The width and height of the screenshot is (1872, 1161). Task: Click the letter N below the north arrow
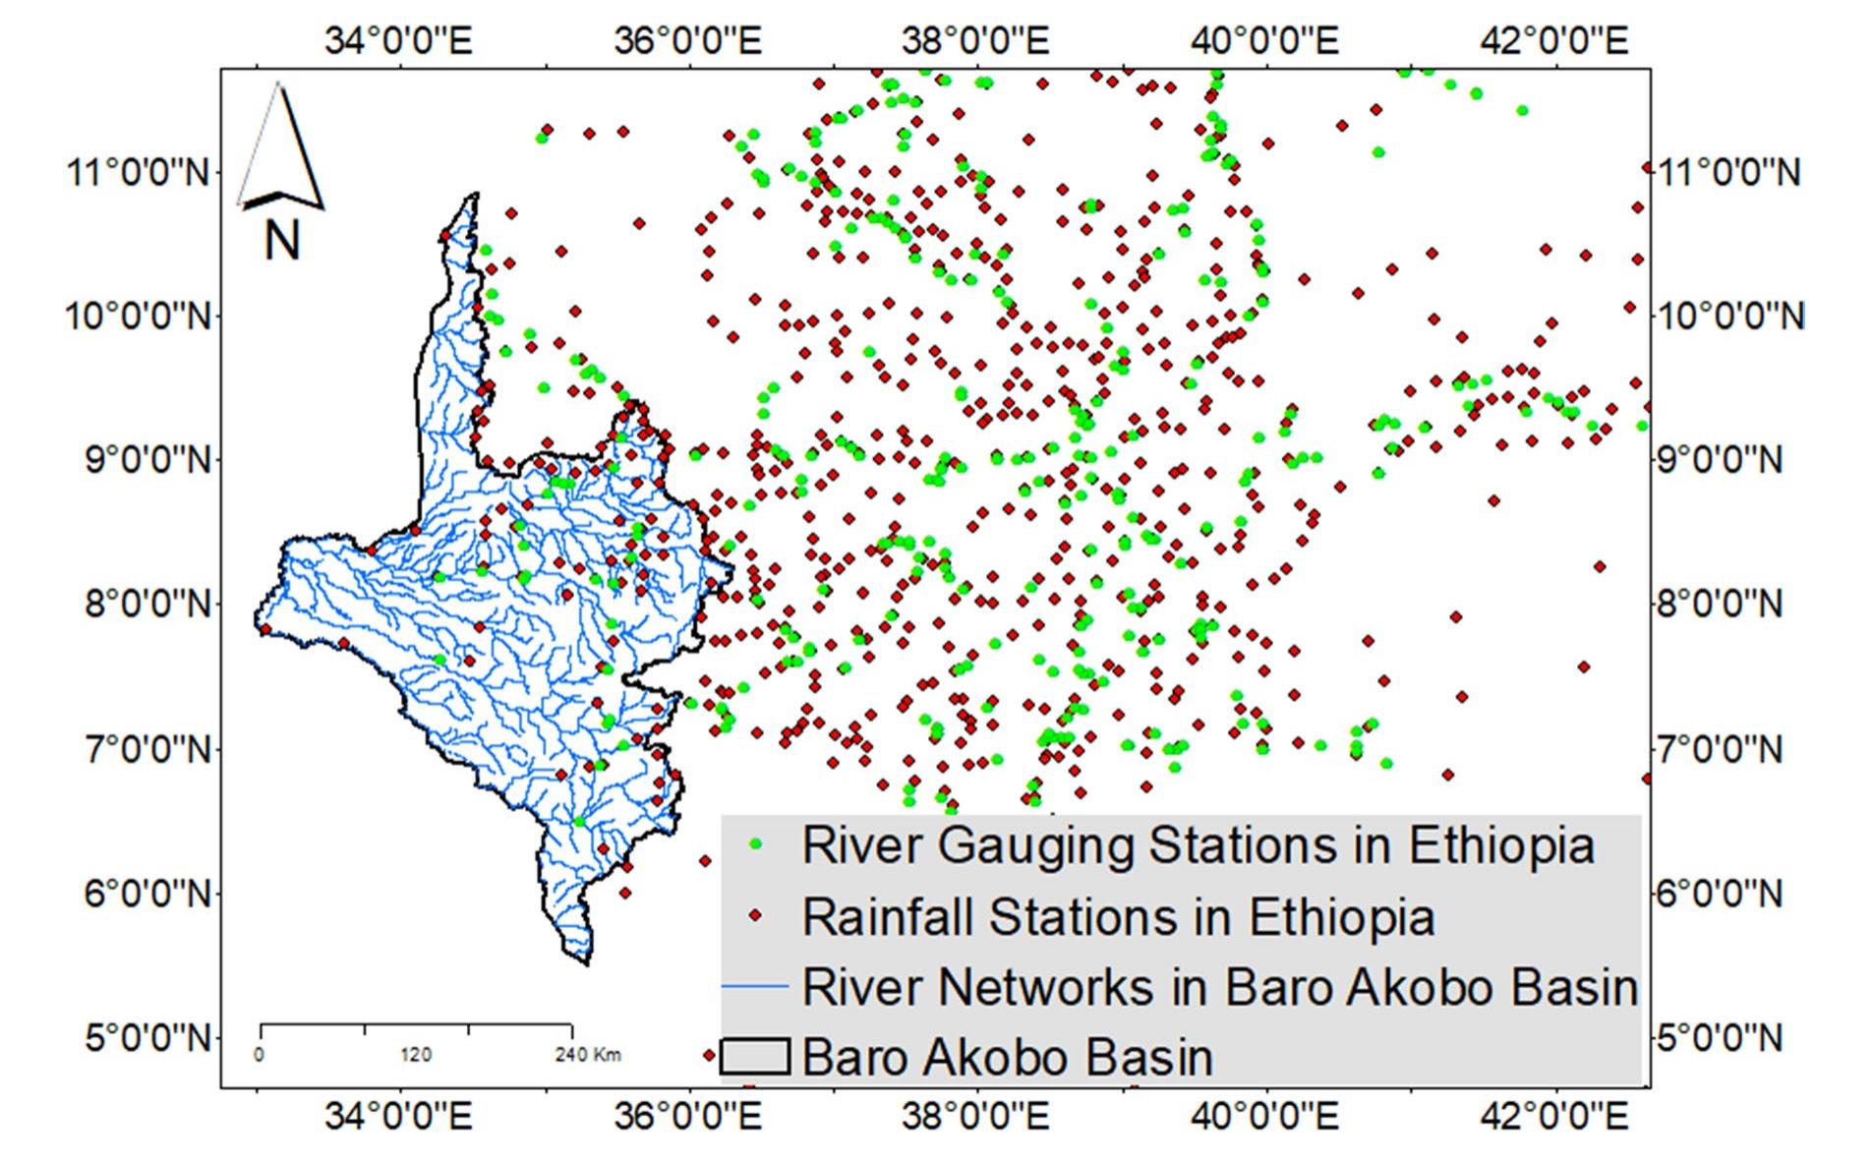[x=282, y=239]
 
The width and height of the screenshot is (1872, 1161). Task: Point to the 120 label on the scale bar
[x=416, y=1055]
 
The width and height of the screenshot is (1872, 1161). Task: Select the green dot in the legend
[x=756, y=844]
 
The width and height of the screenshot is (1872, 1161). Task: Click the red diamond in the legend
[x=756, y=916]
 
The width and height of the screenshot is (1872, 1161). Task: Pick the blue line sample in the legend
[x=755, y=986]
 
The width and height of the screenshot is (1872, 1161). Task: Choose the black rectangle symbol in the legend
[x=755, y=1057]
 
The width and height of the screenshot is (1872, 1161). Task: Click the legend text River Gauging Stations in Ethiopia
[x=1198, y=844]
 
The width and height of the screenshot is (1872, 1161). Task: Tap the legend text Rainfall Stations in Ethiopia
[x=1118, y=916]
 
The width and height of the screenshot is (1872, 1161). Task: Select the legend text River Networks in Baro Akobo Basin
[x=1220, y=986]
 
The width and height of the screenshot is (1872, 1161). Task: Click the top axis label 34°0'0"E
[x=399, y=40]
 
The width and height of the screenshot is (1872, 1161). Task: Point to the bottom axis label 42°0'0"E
[x=1556, y=1117]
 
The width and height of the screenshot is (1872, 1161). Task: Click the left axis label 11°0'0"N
[x=140, y=173]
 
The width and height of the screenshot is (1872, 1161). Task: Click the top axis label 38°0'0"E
[x=976, y=40]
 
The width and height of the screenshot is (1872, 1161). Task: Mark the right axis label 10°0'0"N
[x=1730, y=317]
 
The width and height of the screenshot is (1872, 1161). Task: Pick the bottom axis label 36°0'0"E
[x=688, y=1117]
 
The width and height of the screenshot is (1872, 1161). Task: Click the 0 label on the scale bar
[x=259, y=1055]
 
